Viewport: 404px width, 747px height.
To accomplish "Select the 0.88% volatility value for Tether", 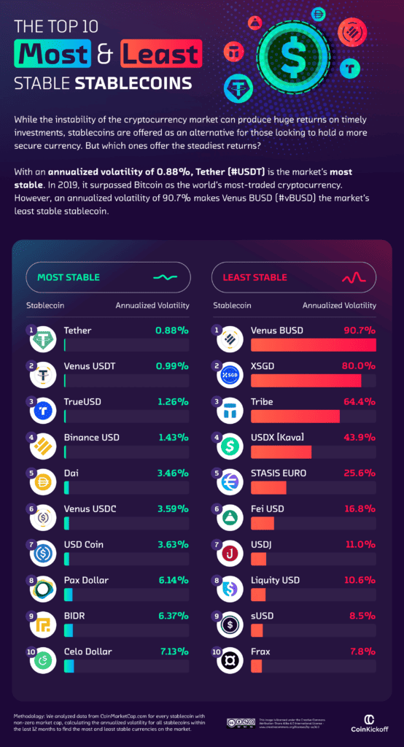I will tap(171, 330).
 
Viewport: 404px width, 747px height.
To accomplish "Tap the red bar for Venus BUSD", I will tap(313, 345).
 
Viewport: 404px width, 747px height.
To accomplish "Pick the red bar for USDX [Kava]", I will tap(281, 452).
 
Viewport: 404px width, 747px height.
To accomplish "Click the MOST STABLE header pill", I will tap(108, 277).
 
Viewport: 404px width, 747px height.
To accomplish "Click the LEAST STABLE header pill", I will tap(294, 277).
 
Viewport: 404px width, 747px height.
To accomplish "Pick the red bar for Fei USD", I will tap(263, 523).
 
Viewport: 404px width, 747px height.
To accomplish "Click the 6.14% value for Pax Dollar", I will tap(171, 580).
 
